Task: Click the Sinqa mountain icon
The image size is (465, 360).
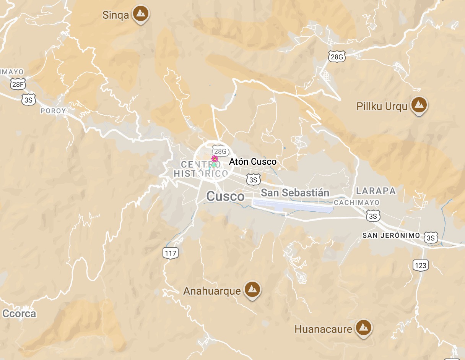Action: click(x=141, y=14)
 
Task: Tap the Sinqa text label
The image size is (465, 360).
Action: click(x=115, y=15)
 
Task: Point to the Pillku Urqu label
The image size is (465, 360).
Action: click(x=382, y=106)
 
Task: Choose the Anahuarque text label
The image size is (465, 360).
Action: click(x=212, y=291)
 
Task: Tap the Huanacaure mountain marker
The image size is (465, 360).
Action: click(x=363, y=328)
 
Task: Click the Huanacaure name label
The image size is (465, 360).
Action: click(x=323, y=329)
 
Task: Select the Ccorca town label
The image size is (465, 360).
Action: click(x=19, y=314)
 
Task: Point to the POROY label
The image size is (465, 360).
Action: click(x=53, y=111)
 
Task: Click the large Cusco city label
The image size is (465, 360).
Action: click(x=225, y=196)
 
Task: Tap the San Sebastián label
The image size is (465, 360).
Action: click(x=295, y=193)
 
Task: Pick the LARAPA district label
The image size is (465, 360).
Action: click(x=376, y=191)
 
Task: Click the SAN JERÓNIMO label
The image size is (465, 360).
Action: click(x=391, y=235)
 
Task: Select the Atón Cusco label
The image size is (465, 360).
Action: click(x=252, y=162)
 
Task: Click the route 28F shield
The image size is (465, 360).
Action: click(x=18, y=84)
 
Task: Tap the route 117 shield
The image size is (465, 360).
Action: click(x=170, y=253)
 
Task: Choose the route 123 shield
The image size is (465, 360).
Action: click(x=420, y=265)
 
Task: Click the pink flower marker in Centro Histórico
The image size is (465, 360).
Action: click(x=215, y=159)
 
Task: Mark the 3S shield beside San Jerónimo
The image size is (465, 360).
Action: click(x=431, y=238)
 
